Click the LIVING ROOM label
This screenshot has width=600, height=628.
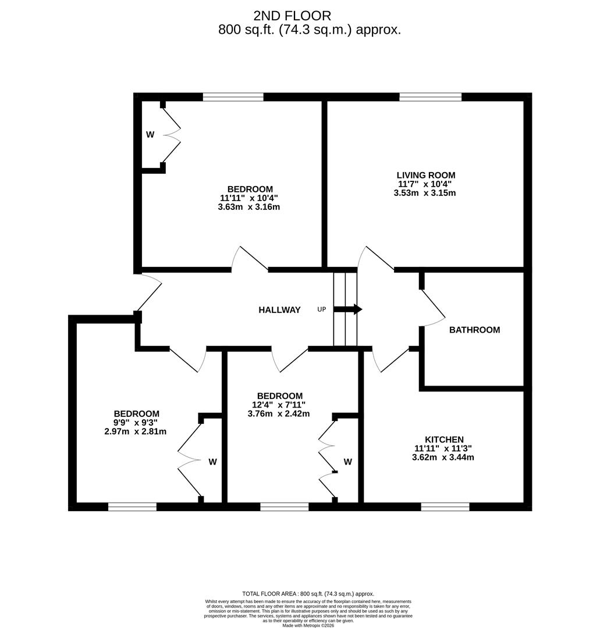pos(425,175)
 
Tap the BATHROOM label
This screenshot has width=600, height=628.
pos(474,330)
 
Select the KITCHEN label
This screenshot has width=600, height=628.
pos(444,440)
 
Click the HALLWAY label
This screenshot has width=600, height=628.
pos(279,310)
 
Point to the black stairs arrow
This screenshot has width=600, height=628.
pos(348,309)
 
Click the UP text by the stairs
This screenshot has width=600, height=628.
pos(322,309)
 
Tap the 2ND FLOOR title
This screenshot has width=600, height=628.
pos(292,16)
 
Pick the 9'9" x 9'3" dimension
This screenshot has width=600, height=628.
pos(136,423)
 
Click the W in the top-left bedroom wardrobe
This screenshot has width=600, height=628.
pos(150,135)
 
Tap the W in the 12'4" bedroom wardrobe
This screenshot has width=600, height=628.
pos(347,462)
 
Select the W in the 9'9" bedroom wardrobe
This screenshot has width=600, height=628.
pos(212,462)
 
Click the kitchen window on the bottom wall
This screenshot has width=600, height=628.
pos(445,507)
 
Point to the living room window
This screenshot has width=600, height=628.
pos(430,97)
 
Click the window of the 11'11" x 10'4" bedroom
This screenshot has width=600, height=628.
pos(233,97)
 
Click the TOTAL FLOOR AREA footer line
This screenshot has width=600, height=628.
pos(308,594)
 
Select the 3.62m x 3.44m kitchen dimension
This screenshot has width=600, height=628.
pos(443,458)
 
